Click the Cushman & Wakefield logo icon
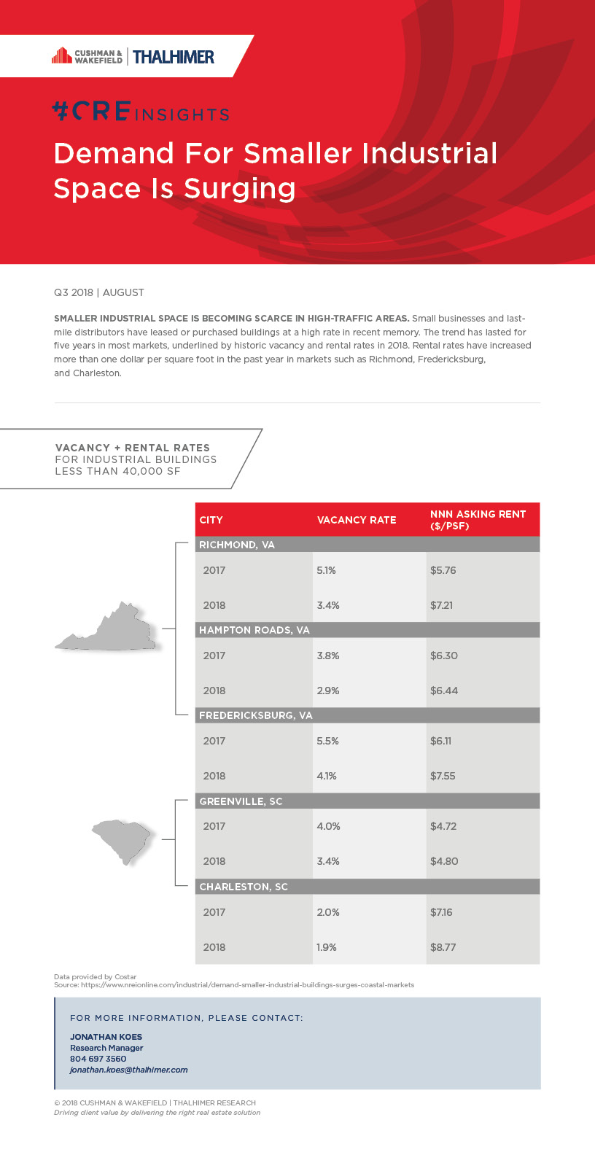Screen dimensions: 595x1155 61,56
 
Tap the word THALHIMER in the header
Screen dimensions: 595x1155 174,57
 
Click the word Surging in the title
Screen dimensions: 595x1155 240,188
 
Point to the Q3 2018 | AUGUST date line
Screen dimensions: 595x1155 99,292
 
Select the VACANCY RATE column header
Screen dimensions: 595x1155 357,520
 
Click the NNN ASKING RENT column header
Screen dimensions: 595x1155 478,519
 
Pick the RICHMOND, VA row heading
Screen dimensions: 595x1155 237,545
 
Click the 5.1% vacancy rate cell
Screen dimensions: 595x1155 326,570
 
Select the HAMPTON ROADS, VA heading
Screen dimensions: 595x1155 254,630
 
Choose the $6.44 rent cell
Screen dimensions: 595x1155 443,691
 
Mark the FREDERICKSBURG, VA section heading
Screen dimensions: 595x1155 256,715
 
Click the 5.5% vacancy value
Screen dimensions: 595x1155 327,741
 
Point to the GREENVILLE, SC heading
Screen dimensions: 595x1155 241,801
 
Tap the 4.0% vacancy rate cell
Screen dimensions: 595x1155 328,826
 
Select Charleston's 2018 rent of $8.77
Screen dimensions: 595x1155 443,947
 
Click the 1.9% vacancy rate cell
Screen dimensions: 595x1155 327,947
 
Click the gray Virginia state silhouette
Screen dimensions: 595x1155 109,629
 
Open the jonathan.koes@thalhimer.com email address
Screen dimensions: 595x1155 129,1070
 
